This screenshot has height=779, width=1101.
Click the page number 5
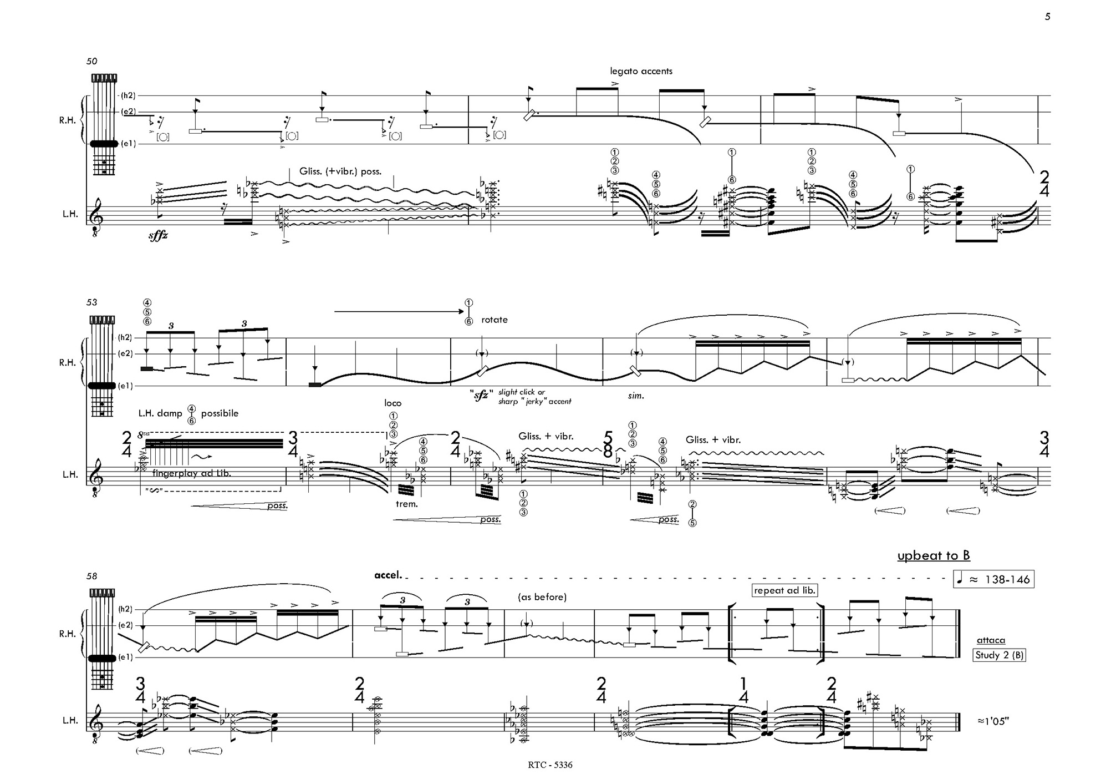tap(1047, 17)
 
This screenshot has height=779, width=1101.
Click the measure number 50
tap(91, 61)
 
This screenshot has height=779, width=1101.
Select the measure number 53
tap(91, 302)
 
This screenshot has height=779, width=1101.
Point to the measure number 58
tap(91, 576)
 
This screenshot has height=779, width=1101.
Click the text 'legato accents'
tap(641, 71)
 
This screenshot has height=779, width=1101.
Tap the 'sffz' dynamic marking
tap(158, 236)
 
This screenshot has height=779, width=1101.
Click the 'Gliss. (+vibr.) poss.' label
tap(340, 171)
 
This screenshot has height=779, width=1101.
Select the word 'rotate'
tap(495, 320)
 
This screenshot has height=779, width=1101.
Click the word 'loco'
tap(393, 403)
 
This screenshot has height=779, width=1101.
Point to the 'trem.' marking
tap(406, 504)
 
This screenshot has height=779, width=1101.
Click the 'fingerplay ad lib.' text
tap(191, 473)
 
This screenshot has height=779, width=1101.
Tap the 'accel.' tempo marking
tap(388, 575)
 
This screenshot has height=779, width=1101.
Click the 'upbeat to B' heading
tap(934, 555)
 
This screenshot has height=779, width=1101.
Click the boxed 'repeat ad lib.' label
tap(785, 590)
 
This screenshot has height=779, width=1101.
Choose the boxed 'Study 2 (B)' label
tap(1000, 655)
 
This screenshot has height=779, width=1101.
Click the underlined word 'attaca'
tap(991, 640)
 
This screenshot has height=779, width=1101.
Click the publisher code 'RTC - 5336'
tap(550, 765)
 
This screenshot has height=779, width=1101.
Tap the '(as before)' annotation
tap(542, 597)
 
